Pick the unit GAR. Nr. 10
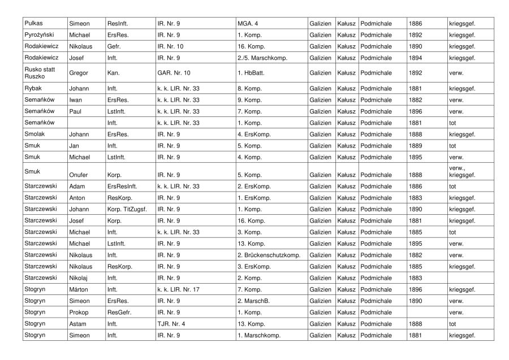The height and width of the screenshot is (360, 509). (x=174, y=73)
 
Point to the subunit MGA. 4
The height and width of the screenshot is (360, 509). (x=248, y=23)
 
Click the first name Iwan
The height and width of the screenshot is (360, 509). (x=76, y=100)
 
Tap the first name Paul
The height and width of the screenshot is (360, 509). (x=75, y=111)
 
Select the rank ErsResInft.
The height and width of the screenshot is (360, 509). (x=122, y=186)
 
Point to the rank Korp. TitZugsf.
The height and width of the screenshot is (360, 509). (x=127, y=209)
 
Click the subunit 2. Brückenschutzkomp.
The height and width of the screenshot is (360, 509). (x=269, y=255)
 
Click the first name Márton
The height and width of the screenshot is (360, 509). (x=79, y=290)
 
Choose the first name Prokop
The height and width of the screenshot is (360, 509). (x=78, y=313)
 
